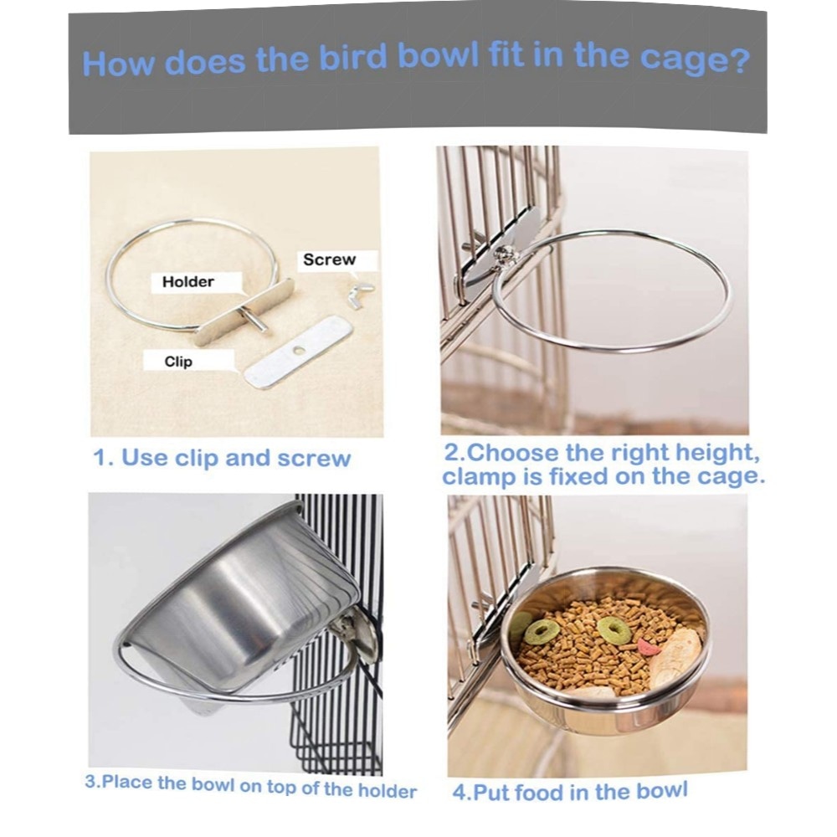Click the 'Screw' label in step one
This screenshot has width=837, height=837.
[x=329, y=260]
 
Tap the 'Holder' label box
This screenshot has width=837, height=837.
[x=187, y=282]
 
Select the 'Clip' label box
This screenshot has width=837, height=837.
[x=178, y=362]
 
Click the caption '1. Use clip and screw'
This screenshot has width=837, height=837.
[x=222, y=459]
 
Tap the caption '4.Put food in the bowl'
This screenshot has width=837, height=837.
[x=570, y=791]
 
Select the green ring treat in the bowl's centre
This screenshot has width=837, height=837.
[x=614, y=630]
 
